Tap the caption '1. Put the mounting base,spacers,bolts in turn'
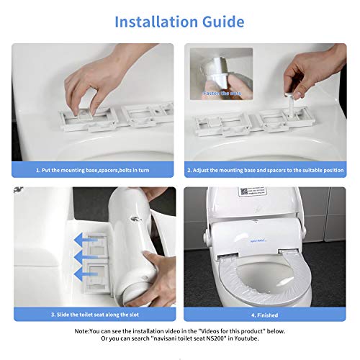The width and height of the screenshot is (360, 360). [93, 171]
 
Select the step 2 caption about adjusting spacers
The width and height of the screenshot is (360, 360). [266, 171]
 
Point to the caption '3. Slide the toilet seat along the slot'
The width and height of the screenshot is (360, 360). [93, 313]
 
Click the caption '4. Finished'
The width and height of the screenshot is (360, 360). [266, 313]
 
